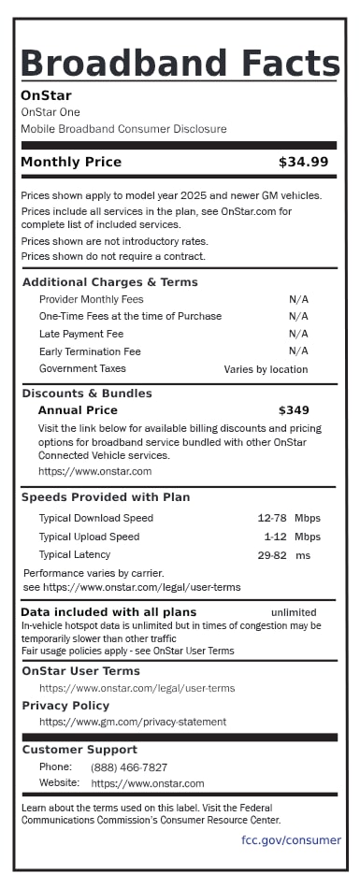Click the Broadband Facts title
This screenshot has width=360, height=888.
point(180,63)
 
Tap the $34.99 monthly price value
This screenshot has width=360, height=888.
point(303,162)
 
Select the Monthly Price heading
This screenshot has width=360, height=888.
point(71,162)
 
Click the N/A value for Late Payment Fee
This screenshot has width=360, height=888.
point(298,334)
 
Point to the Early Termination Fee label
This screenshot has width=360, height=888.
point(90,351)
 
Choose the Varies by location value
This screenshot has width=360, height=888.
point(266,369)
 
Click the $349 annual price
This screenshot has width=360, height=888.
point(294,409)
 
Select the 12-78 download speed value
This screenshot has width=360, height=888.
point(271,518)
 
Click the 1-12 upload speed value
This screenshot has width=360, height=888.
point(275,537)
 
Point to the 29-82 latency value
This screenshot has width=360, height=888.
point(272,555)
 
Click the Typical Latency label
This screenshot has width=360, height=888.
point(75,555)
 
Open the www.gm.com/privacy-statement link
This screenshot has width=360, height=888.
point(133,722)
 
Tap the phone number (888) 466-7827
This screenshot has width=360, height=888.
point(129,766)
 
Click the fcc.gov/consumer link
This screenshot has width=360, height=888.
point(291,839)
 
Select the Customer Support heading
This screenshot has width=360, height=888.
point(79,750)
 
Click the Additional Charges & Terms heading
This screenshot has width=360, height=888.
point(110,282)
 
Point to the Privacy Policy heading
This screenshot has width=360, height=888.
point(65,706)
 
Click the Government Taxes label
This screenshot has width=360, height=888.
point(82,369)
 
